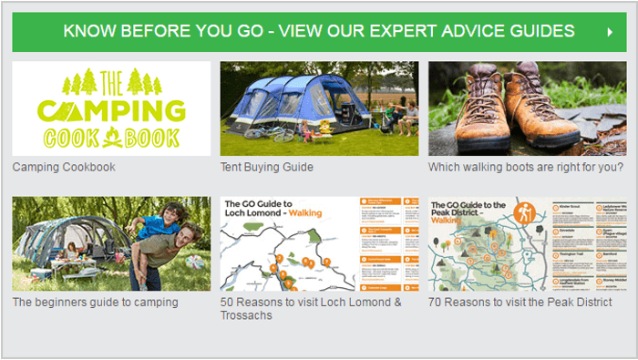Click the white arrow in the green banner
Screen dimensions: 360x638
pyautogui.click(x=610, y=32)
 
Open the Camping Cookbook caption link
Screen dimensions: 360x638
pyautogui.click(x=64, y=168)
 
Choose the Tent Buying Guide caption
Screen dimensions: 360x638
pyautogui.click(x=266, y=168)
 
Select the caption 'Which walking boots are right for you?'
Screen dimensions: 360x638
pyautogui.click(x=526, y=168)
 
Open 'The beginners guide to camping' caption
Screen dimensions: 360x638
pyautogui.click(x=95, y=303)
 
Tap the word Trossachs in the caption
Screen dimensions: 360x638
pyautogui.click(x=247, y=315)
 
